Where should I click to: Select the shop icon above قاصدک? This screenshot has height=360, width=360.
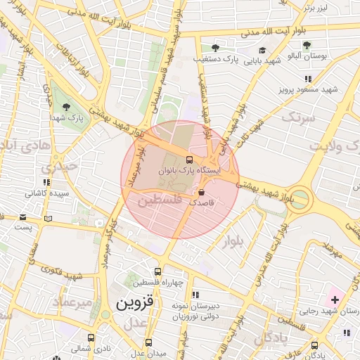coord(202,191)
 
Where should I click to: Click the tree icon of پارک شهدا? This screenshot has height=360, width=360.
coord(66,108)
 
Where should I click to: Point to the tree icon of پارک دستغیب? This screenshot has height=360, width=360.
coord(216,47)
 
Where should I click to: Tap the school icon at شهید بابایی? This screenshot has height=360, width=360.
coord(262,51)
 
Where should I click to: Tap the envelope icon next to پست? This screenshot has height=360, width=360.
coord(24,218)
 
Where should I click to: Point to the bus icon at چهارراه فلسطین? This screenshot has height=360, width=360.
coord(157,271)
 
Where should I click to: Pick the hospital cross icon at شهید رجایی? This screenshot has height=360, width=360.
coord(335,300)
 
